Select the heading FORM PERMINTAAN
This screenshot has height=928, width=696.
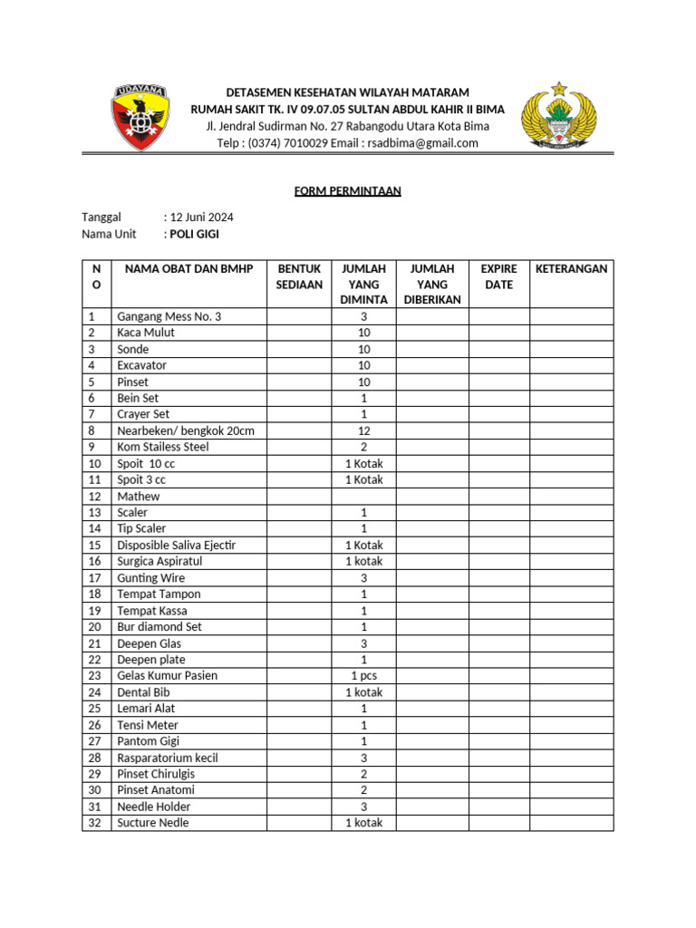click(348, 191)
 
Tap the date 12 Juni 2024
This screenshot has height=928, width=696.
click(201, 217)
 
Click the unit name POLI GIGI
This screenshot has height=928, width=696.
click(194, 234)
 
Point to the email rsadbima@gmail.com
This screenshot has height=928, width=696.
click(420, 143)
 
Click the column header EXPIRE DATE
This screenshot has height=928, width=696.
click(498, 276)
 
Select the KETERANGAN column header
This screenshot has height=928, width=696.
click(571, 269)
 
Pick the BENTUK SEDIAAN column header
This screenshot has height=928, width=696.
click(299, 276)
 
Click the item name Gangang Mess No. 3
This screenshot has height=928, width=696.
click(169, 316)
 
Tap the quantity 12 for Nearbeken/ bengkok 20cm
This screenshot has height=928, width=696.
click(363, 430)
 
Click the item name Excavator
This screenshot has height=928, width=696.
click(142, 365)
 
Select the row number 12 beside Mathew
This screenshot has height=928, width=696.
click(94, 497)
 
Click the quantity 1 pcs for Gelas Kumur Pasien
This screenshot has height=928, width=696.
click(363, 676)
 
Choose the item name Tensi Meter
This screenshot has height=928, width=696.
click(148, 725)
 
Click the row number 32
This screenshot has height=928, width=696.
click(94, 823)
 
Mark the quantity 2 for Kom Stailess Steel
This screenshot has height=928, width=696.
click(363, 447)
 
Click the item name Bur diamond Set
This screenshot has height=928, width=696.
click(159, 627)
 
